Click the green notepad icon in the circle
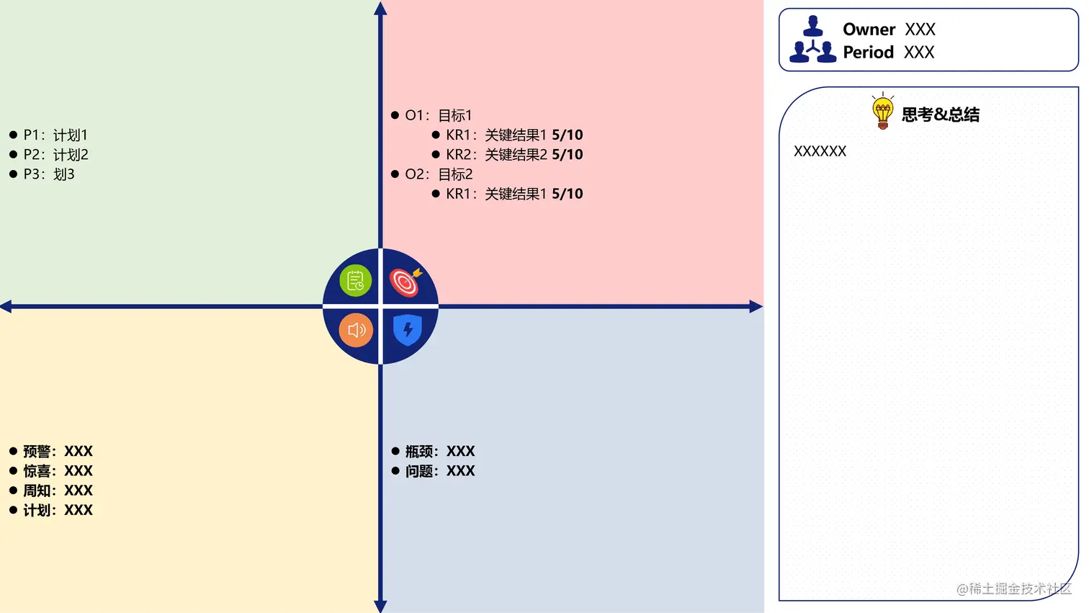pos(355,281)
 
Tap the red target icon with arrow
pos(405,282)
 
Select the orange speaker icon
pos(356,330)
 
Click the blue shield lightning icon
pos(408,330)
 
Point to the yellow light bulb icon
pos(882,112)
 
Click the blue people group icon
pos(813,40)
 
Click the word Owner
pos(869,30)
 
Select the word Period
pos(868,53)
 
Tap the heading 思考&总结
pos(940,115)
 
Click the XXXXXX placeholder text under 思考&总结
pos(820,151)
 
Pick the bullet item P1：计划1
pos(55,135)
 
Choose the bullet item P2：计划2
pos(55,155)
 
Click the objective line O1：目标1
pos(438,115)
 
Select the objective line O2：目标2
pos(439,174)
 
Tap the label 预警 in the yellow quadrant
pos(37,452)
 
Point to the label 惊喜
pos(37,471)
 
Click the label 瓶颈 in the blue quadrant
pos(419,452)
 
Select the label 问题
pos(419,471)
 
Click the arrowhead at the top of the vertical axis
pos(380,8)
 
